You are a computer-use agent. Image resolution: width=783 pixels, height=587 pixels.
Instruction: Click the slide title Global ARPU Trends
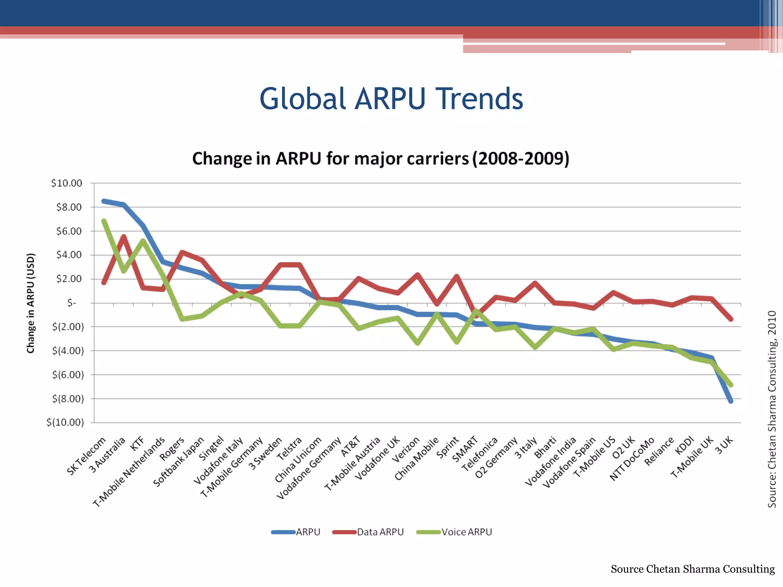[391, 99]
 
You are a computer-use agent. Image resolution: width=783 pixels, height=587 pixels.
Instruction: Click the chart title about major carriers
[380, 159]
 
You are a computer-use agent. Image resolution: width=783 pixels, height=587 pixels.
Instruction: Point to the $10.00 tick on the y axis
[67, 183]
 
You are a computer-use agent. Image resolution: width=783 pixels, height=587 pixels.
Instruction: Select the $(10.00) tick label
[65, 422]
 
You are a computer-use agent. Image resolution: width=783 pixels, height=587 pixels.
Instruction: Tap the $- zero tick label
[71, 303]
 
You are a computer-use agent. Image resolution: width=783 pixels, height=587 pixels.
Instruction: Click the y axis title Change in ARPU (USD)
[31, 303]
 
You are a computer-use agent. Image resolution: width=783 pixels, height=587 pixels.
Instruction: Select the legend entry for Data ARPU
[380, 532]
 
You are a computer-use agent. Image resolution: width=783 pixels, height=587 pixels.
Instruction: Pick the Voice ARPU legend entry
[466, 532]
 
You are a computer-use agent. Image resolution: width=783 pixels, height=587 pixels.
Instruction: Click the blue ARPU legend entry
[308, 532]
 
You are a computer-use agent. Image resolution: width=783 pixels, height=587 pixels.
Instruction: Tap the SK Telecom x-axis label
[86, 456]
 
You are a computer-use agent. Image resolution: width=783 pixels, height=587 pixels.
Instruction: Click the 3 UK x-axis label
[724, 446]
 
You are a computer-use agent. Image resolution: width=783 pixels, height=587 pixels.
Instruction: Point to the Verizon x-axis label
[406, 449]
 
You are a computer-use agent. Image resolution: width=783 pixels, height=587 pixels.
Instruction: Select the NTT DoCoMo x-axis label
[632, 459]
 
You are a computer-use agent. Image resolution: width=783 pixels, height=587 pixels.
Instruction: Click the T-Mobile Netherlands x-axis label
[129, 472]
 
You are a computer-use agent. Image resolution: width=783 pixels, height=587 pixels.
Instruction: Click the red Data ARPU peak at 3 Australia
[123, 237]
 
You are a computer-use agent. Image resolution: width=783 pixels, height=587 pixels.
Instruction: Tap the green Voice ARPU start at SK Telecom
[104, 221]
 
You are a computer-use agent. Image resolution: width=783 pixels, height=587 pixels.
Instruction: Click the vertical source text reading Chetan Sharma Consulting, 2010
[772, 409]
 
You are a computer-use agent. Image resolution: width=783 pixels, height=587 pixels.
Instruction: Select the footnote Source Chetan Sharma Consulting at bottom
[692, 569]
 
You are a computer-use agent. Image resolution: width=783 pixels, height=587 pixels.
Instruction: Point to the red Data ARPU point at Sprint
[456, 276]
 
